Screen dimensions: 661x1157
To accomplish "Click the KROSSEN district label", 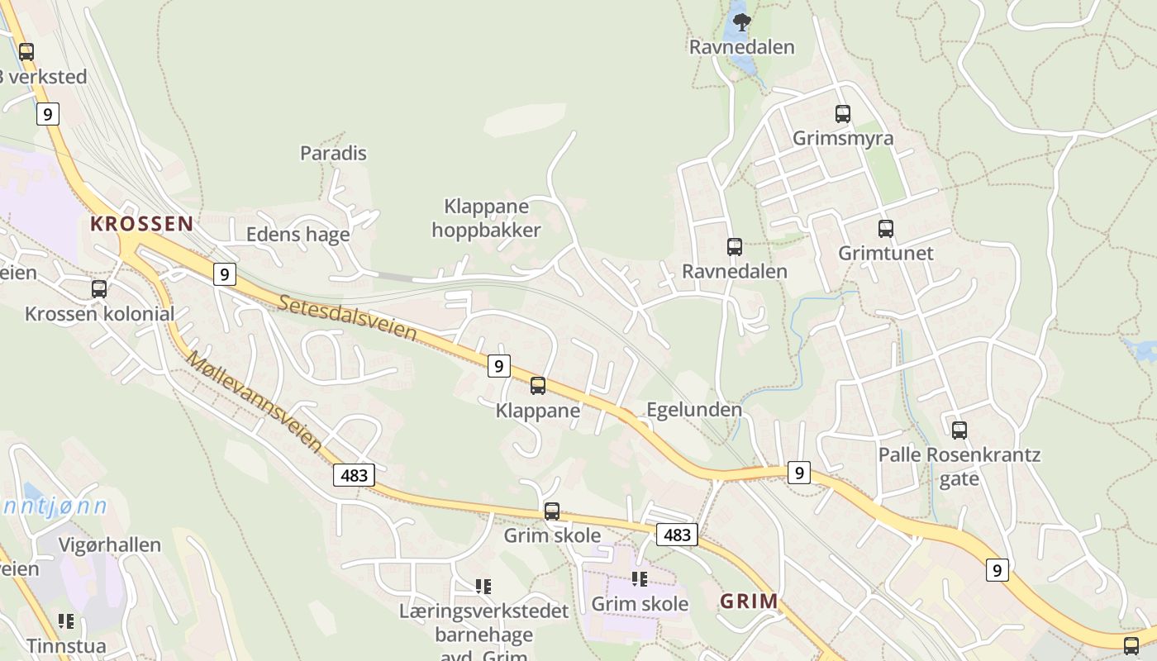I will pos(141,223).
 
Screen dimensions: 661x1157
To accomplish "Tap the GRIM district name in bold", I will pos(749,601).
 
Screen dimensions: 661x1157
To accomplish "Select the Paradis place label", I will pos(333,153).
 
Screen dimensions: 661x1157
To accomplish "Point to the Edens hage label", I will pos(298,235).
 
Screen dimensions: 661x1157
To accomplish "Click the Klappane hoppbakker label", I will pos(486,218).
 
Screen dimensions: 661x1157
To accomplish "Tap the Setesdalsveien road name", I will pos(347,318).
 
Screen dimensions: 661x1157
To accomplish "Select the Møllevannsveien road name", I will pos(255,402).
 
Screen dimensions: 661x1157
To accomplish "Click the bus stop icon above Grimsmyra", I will pos(842,114).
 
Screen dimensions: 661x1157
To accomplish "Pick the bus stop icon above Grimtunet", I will pos(885,229).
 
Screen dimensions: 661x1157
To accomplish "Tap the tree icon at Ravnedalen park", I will pos(741,22).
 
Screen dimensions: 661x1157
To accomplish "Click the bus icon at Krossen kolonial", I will pos(99,289).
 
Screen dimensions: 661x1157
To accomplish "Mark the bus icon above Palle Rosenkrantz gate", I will pos(959,430).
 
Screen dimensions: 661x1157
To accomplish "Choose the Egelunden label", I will pos(693,410).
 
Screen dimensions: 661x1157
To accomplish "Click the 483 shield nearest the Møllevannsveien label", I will pos(355,474).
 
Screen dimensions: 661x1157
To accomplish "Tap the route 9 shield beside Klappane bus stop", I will pos(498,365).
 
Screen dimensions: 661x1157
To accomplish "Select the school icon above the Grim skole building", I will pos(639,579).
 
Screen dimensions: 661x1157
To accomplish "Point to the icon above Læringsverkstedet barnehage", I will pos(483,587).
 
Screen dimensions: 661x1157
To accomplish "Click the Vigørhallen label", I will pos(110,545).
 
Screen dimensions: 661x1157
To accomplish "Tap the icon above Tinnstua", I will pos(66,621).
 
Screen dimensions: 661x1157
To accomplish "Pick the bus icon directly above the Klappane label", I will pos(538,385).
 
